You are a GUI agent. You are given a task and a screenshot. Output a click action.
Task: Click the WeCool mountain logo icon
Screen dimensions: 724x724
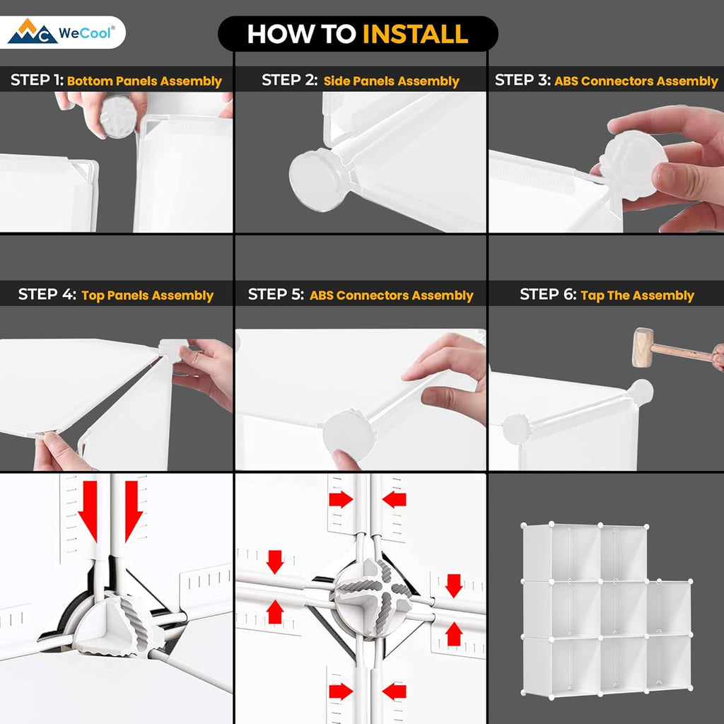point(33,31)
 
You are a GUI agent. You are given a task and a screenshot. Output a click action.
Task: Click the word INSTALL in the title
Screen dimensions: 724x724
point(415,34)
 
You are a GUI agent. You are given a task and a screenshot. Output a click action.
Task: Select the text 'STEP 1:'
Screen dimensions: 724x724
point(37,80)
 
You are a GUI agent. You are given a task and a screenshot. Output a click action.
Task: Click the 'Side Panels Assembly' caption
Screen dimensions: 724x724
point(391,81)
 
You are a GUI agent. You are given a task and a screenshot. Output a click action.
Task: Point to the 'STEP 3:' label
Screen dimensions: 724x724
point(522,80)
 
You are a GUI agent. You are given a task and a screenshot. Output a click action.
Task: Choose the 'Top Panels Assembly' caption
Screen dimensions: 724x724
point(147,296)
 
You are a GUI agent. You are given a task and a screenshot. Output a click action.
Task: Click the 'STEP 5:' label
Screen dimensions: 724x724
point(276,294)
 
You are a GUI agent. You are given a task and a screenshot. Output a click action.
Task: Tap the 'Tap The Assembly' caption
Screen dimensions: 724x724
point(637,296)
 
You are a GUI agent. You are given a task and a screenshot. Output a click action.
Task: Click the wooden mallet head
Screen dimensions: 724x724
point(642,347)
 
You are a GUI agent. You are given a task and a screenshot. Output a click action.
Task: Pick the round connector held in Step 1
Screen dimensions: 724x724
point(118,117)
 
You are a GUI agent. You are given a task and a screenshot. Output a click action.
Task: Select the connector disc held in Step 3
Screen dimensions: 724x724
point(633,165)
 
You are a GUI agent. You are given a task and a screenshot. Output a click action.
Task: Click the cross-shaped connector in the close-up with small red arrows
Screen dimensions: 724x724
point(372,598)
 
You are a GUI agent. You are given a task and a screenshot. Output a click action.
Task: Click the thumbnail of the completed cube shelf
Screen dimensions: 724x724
point(607,610)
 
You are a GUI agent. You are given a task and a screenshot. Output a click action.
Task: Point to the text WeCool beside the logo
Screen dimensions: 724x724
point(85,33)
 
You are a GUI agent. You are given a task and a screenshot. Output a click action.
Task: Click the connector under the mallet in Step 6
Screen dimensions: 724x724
point(641,392)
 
